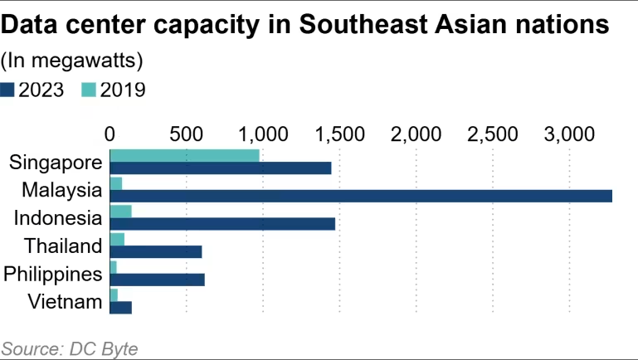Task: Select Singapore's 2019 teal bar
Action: [184, 155]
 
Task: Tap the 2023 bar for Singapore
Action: [220, 168]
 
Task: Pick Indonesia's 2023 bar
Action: [222, 224]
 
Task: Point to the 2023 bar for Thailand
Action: [155, 252]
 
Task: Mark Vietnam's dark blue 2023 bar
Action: [120, 308]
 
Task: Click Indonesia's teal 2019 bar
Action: [120, 211]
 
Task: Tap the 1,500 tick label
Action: [338, 133]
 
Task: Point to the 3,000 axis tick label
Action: [569, 133]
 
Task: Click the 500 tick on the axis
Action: [186, 133]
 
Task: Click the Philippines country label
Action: [53, 273]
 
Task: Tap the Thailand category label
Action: [63, 246]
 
